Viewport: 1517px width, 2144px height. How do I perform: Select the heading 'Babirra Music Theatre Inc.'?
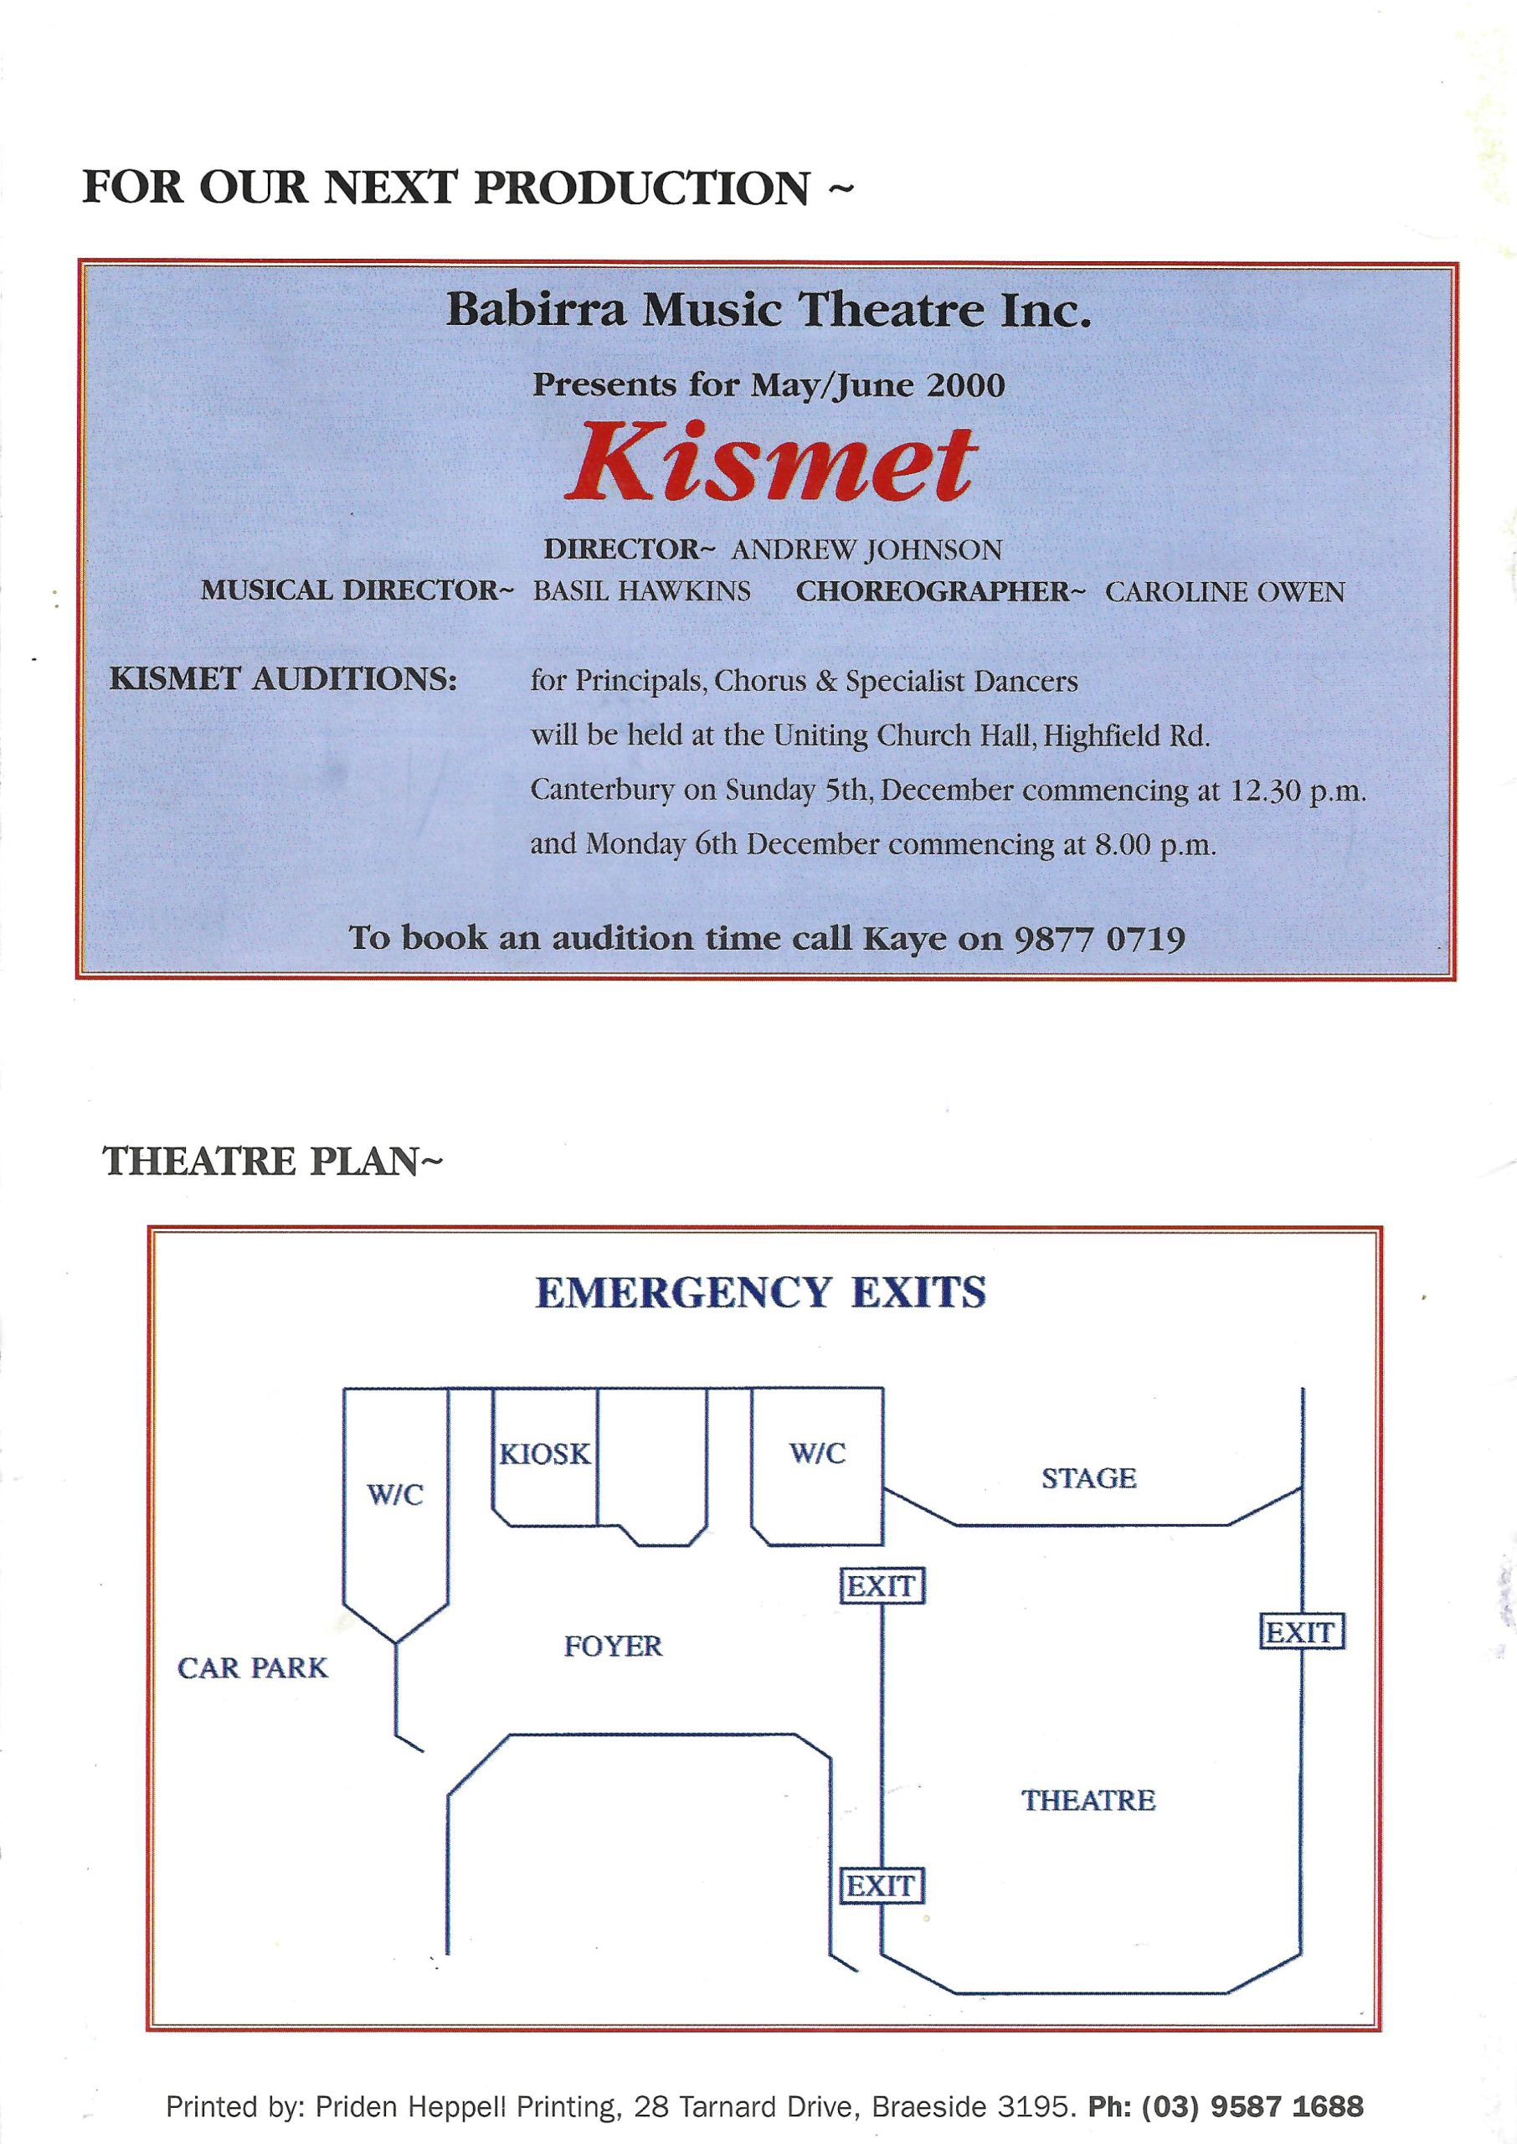coord(769,310)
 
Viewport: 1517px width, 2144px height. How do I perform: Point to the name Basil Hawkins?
coord(642,591)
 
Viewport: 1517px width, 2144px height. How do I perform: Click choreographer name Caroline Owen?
coord(1225,592)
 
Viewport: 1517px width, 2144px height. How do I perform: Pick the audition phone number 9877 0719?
coord(1099,937)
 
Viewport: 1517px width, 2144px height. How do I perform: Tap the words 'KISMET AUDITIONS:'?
coord(283,679)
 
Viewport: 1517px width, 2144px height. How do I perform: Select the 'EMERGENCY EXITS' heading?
coord(760,1293)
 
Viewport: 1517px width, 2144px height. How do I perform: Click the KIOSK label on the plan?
coord(546,1455)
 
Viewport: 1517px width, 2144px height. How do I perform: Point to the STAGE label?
coord(1089,1478)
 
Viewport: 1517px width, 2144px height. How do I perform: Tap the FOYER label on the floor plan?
coord(613,1645)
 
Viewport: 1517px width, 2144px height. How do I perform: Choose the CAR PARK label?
coord(253,1667)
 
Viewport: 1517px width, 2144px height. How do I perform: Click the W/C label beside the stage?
coord(817,1453)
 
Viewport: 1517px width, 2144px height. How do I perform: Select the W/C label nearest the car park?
coord(395,1495)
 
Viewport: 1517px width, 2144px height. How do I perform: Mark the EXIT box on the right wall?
coord(1301,1632)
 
